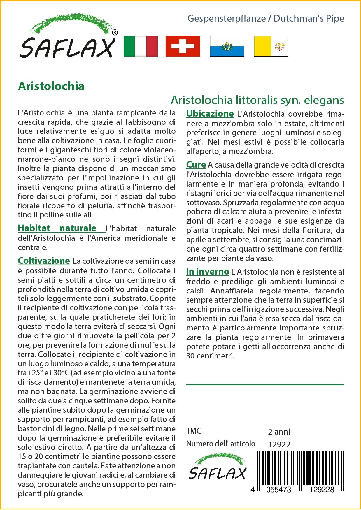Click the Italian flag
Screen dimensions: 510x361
141,46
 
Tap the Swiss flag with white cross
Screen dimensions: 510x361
183,46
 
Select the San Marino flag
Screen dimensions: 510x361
227,46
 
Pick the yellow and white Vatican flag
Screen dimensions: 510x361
271,46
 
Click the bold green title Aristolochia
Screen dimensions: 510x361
51,86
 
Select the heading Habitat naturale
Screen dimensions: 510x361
57,228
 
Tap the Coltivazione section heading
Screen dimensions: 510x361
44,261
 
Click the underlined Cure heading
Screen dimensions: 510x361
196,165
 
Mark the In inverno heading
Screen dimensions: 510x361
208,272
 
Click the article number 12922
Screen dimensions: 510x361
279,444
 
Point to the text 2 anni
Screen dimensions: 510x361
279,431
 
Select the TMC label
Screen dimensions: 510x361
194,431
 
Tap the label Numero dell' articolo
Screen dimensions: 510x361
221,444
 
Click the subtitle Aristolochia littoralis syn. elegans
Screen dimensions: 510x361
257,100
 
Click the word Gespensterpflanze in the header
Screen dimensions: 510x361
227,19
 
